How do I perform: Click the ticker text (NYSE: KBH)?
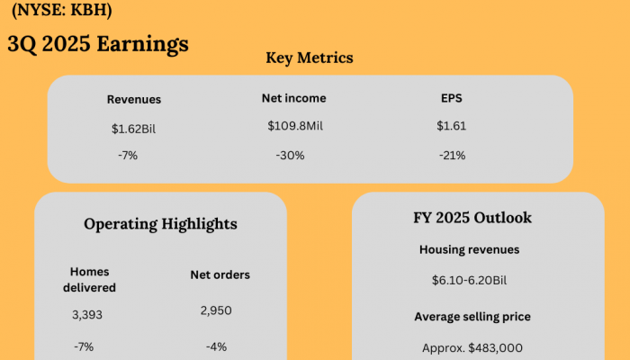coord(62,13)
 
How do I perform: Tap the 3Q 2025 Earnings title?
coord(98,43)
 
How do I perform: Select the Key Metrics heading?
coord(310,58)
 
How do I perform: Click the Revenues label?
coord(134,100)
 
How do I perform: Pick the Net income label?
coord(293,97)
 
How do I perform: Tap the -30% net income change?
coord(290,156)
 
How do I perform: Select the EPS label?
coord(451,97)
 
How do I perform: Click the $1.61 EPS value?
coord(451,126)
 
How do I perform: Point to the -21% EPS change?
coord(452,156)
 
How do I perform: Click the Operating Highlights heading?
coord(160,224)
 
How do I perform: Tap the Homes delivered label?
coord(94,279)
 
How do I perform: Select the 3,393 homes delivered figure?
coord(88,315)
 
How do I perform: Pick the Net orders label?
coord(220,274)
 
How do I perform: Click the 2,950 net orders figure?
coord(217,310)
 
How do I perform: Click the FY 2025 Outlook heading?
coord(478,218)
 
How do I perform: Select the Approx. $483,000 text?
coord(472,347)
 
